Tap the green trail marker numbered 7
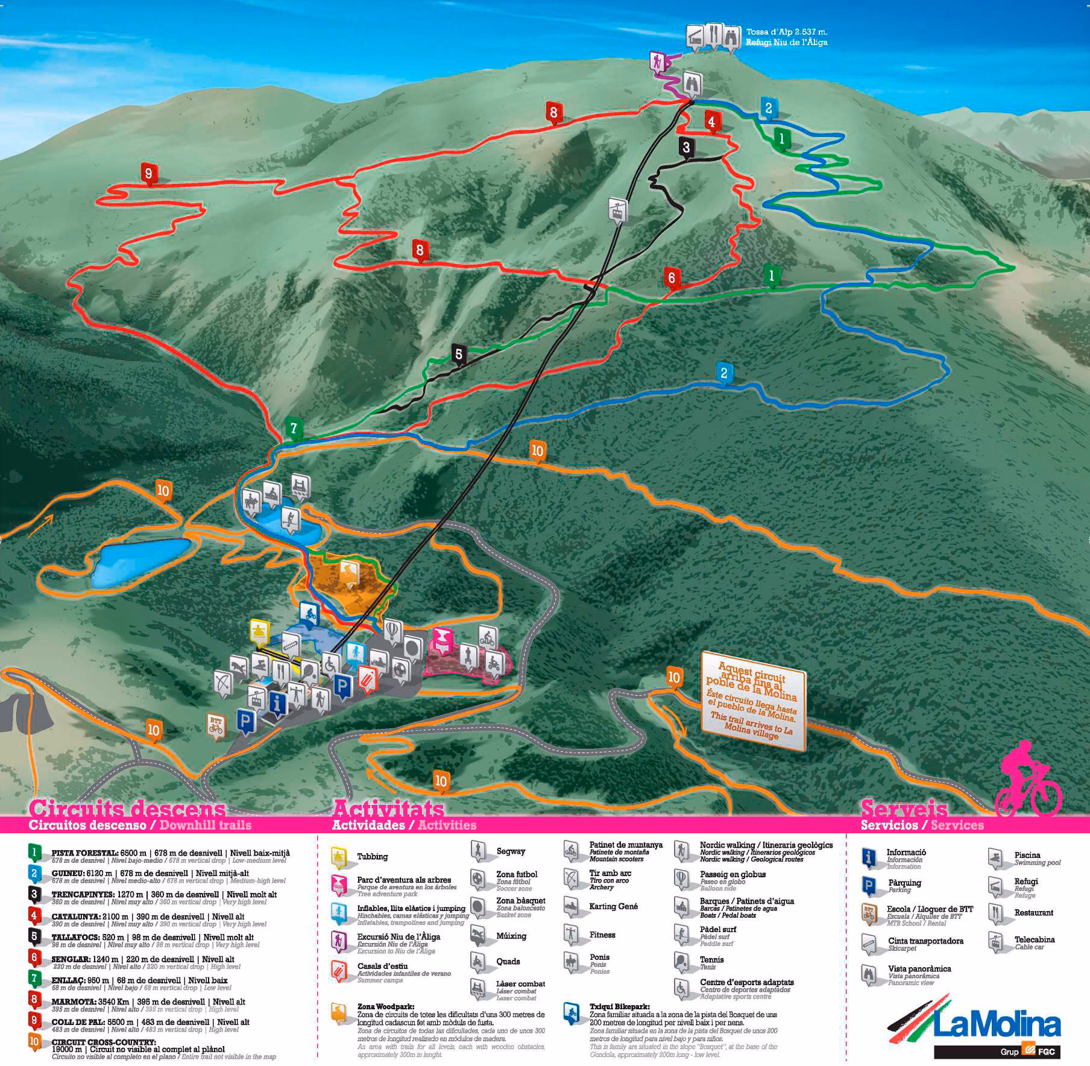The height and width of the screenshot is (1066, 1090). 294,428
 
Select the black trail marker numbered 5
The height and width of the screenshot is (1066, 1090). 459,354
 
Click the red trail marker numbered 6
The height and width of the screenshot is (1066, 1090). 672,278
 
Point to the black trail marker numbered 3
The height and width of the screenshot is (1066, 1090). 686,147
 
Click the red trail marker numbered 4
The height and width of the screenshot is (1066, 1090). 712,122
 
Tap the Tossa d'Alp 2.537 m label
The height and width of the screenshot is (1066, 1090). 786,32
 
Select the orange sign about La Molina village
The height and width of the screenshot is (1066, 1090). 753,700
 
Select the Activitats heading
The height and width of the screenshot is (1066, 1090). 388,808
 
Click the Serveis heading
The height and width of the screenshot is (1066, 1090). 904,808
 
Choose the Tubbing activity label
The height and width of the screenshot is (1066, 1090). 372,856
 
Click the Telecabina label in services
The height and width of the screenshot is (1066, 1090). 1034,939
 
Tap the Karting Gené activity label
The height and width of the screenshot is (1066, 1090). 613,906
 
